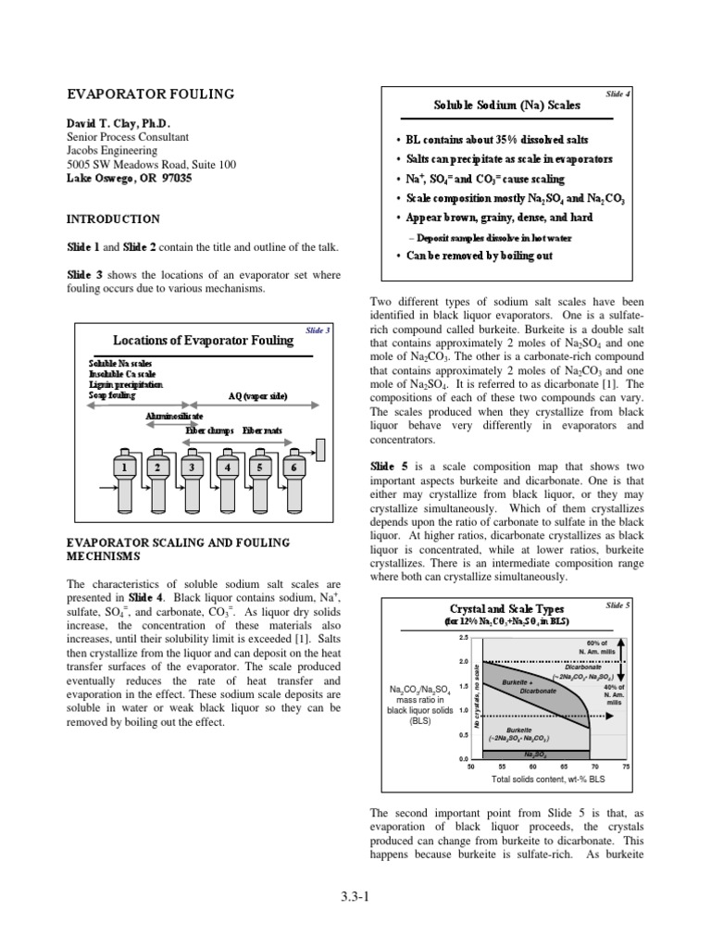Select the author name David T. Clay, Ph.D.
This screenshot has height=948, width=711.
click(118, 123)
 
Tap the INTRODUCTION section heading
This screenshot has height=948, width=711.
click(112, 219)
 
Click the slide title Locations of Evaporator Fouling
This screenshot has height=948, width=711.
click(203, 340)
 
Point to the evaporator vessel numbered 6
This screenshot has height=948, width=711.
click(294, 467)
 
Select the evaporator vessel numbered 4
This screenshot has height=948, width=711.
click(227, 467)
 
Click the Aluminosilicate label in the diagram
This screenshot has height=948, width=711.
click(175, 417)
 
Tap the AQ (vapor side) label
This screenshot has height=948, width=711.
click(257, 395)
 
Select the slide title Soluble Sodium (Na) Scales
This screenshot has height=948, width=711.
click(507, 106)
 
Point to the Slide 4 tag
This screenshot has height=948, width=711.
click(617, 94)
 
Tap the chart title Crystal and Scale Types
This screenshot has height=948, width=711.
click(505, 608)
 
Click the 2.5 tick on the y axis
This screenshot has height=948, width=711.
click(463, 638)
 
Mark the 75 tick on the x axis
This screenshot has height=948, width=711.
click(626, 767)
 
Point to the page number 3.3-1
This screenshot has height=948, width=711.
click(355, 894)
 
